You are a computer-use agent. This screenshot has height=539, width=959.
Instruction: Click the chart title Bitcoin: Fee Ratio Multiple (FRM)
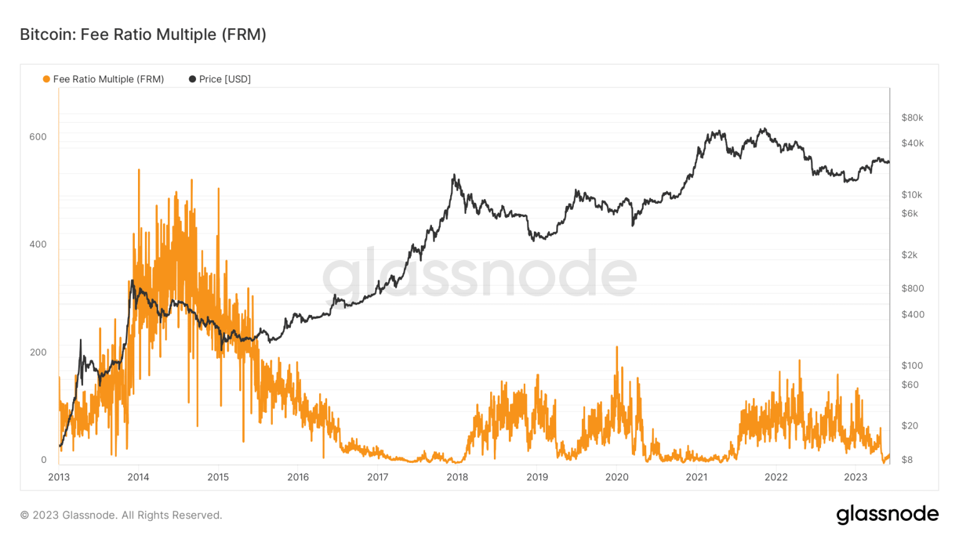click(x=143, y=34)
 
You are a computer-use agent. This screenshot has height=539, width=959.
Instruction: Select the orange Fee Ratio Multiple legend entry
click(x=104, y=79)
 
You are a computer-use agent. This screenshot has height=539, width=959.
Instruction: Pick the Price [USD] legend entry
click(x=220, y=79)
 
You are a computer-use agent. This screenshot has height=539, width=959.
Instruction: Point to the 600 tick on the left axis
click(x=38, y=137)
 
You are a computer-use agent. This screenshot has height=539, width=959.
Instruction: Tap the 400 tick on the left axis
click(x=38, y=244)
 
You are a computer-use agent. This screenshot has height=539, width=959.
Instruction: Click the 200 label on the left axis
click(x=38, y=352)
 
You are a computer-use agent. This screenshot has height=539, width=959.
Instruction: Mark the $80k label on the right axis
click(x=912, y=117)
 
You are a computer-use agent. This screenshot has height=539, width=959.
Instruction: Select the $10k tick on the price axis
click(x=911, y=195)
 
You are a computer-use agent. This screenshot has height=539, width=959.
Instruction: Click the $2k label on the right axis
click(x=909, y=255)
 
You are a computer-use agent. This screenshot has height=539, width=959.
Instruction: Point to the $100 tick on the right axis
click(x=912, y=365)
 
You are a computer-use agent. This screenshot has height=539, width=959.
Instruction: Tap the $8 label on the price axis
click(x=907, y=460)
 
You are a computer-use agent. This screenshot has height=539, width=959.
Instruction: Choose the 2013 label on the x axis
click(x=59, y=477)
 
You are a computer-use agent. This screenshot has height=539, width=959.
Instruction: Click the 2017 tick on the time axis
click(x=378, y=477)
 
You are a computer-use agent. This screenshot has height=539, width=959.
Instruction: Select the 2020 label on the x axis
click(x=617, y=477)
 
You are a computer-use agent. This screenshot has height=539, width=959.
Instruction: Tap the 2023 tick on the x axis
click(x=855, y=477)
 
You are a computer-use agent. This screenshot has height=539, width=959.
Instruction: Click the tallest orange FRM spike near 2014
click(x=139, y=170)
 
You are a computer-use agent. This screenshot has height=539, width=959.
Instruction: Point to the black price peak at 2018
click(x=454, y=175)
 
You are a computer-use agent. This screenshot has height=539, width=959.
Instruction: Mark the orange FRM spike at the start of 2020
click(x=617, y=347)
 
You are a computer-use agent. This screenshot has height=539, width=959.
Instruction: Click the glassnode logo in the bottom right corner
click(x=887, y=514)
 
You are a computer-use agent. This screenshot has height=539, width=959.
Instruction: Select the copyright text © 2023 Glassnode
click(x=121, y=515)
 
